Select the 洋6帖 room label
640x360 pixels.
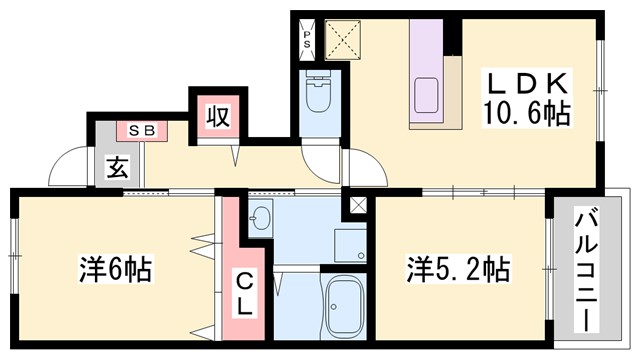116,271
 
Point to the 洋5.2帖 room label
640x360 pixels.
457,271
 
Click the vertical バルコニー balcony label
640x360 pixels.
589,269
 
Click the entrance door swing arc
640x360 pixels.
68,168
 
